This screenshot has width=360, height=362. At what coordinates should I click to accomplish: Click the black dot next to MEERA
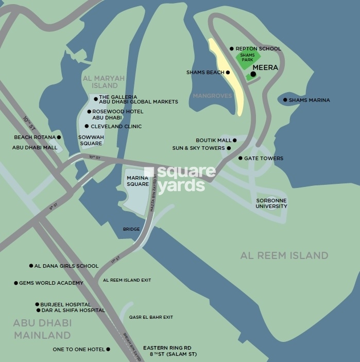click(x=253, y=74)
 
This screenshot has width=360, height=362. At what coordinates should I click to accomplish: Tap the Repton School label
click(x=259, y=48)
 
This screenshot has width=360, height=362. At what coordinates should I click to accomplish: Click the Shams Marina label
click(x=309, y=100)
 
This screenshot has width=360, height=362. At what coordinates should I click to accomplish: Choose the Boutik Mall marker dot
click(x=235, y=140)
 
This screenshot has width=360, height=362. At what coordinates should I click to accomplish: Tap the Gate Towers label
click(x=264, y=158)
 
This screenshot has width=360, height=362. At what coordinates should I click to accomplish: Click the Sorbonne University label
click(x=272, y=203)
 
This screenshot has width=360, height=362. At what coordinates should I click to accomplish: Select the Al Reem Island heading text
click(x=284, y=255)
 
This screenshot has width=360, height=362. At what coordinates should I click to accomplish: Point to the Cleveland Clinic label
click(x=116, y=126)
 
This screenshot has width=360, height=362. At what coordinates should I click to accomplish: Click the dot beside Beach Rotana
click(x=59, y=137)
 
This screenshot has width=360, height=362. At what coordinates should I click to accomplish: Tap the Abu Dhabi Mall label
click(x=35, y=147)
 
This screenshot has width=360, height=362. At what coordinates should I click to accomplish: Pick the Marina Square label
click(x=138, y=180)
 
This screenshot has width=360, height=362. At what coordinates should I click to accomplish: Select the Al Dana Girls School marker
click(x=31, y=266)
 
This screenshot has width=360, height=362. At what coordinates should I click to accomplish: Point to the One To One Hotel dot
click(x=108, y=349)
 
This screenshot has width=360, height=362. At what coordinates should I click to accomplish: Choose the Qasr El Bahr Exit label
click(x=151, y=317)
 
